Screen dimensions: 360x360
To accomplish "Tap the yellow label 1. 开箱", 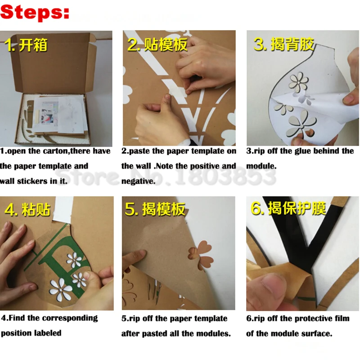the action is click(26, 45).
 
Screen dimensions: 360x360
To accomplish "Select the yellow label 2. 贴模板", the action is click(157, 44).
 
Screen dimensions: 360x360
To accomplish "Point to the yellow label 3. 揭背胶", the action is click(284, 44).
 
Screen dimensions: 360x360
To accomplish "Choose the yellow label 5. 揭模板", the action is click(155, 209).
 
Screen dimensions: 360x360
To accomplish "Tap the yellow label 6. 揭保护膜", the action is click(288, 208).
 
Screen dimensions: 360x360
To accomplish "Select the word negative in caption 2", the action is click(139, 181).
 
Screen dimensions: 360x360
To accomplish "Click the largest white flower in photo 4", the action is click(61, 288).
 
